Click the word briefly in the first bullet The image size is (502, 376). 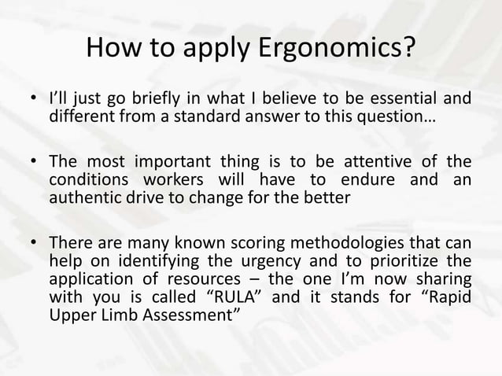point(151,99)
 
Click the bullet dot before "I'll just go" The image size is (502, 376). point(33,100)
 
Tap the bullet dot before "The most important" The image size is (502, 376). point(33,164)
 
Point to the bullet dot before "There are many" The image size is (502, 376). point(33,245)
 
